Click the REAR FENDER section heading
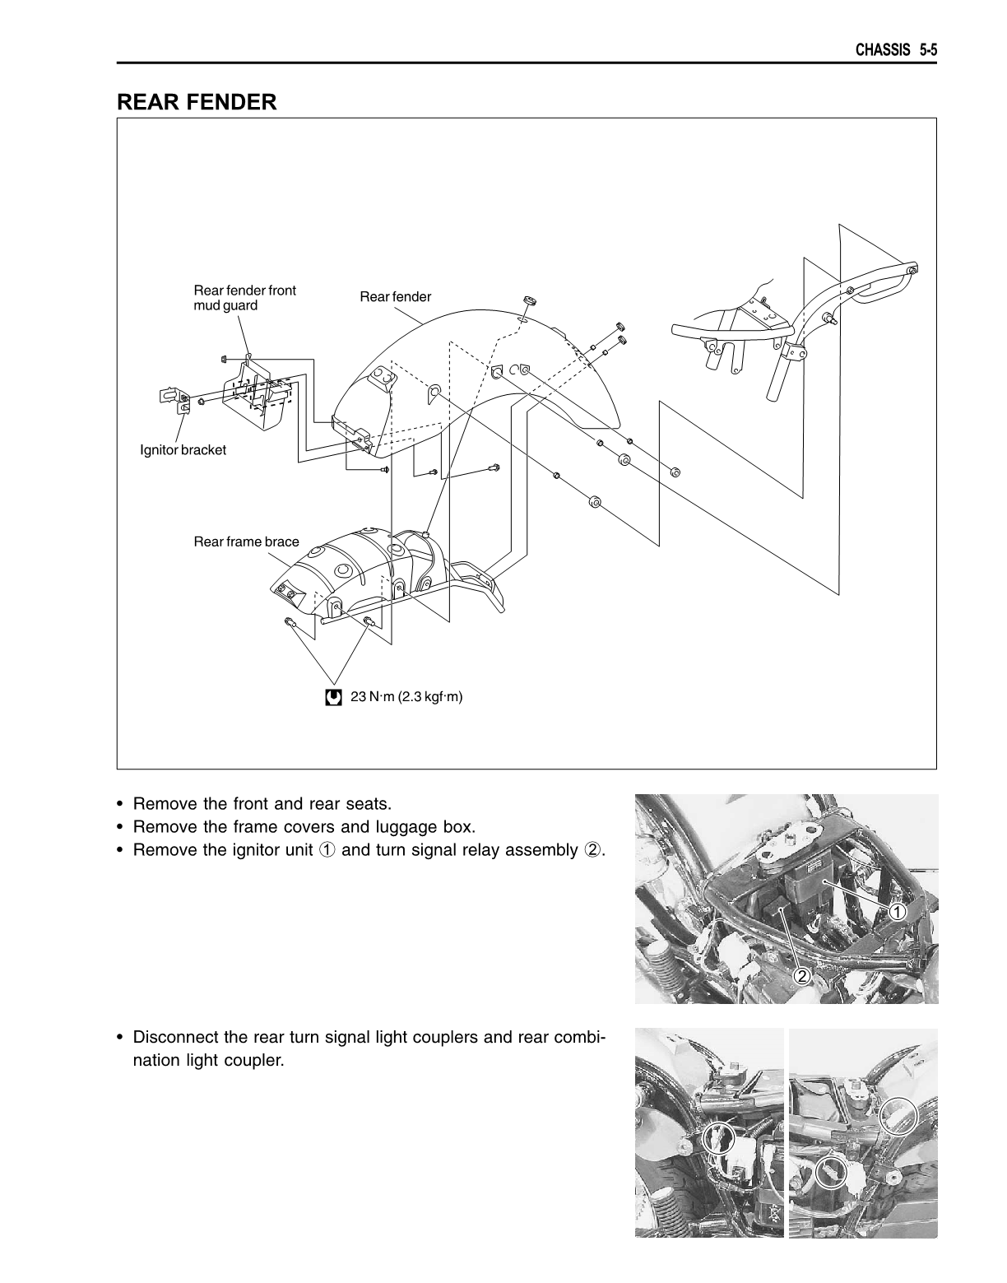pyautogui.click(x=197, y=102)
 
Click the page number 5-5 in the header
pyautogui.click(x=928, y=50)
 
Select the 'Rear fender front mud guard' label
pyautogui.click(x=244, y=298)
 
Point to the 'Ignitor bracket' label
pyautogui.click(x=183, y=450)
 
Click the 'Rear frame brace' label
pyautogui.click(x=246, y=542)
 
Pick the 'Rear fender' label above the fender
pyautogui.click(x=395, y=296)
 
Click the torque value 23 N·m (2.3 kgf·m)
pyautogui.click(x=406, y=697)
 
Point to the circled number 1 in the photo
pyautogui.click(x=898, y=911)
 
